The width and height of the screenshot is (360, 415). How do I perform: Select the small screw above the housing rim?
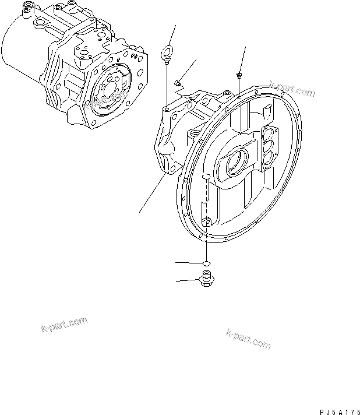240,75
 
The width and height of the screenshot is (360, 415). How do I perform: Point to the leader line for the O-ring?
189,263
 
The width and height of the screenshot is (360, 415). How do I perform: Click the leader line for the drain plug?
188,281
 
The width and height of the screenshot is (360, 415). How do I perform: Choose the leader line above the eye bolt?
172,34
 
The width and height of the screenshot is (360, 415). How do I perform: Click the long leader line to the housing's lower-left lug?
152,192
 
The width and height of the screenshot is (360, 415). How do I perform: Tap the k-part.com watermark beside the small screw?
292,90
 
